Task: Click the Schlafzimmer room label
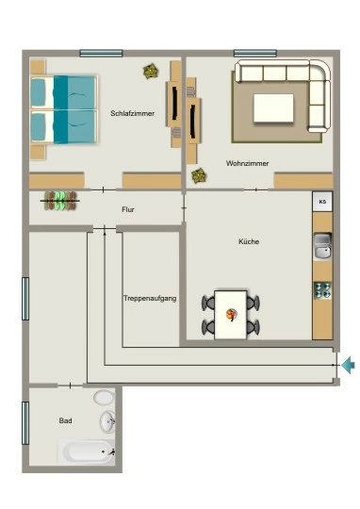tap(133, 114)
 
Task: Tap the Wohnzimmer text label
tap(247, 163)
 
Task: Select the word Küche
tap(249, 241)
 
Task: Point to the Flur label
tap(128, 209)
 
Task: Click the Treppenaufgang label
tap(150, 298)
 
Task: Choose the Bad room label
tap(65, 420)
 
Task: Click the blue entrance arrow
tap(348, 365)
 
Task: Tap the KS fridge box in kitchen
tap(322, 202)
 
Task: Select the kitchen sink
tap(322, 246)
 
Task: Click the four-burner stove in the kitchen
tap(322, 290)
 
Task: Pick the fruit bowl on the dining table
tap(232, 314)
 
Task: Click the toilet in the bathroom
tap(104, 398)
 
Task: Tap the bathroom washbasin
tap(107, 421)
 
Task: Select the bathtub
tap(87, 452)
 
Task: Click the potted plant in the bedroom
tap(151, 71)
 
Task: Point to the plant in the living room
tap(199, 175)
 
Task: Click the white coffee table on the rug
tap(273, 108)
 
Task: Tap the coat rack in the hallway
tap(60, 201)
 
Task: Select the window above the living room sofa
tap(255, 53)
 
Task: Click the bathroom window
tap(25, 423)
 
